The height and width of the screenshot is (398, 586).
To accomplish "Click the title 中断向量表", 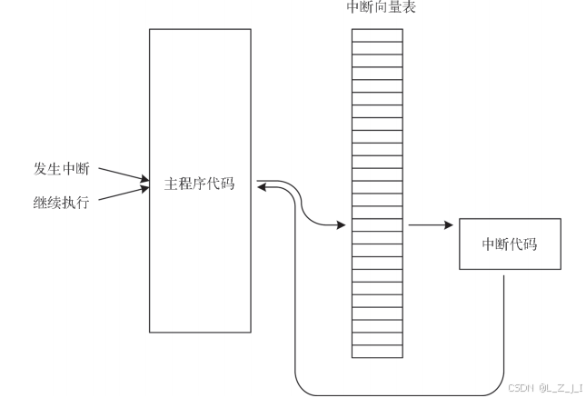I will click(377, 7).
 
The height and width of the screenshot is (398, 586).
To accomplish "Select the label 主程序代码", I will click(199, 184).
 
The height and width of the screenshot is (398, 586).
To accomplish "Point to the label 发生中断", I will click(62, 169).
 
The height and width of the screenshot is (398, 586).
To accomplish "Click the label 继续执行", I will click(62, 200).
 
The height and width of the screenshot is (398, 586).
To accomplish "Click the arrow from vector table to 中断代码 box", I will click(432, 224).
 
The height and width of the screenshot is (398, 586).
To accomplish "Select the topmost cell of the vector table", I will click(377, 35).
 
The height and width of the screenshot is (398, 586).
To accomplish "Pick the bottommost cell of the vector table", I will click(377, 352).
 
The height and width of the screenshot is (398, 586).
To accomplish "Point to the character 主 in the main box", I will click(172, 184).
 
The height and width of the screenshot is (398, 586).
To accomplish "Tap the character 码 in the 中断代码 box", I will click(530, 244).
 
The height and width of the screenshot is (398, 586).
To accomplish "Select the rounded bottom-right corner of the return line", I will click(499, 390).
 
